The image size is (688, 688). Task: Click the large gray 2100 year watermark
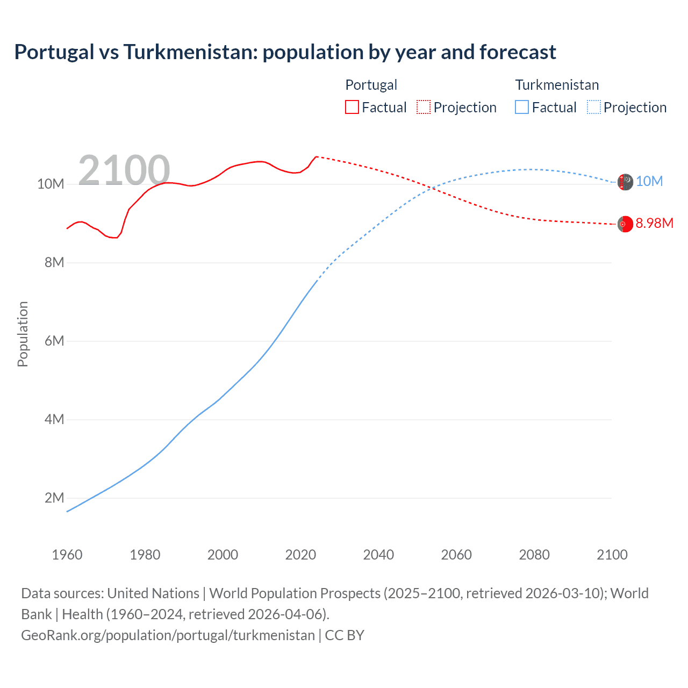click(x=124, y=170)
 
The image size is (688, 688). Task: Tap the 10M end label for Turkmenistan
click(x=649, y=182)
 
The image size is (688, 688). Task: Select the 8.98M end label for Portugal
click(x=654, y=224)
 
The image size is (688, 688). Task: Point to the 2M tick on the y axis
click(x=54, y=498)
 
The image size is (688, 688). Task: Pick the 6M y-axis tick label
click(x=54, y=341)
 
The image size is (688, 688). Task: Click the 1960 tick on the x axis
click(x=67, y=555)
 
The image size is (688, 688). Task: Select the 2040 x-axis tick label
click(x=378, y=555)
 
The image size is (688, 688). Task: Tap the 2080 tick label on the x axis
click(x=534, y=555)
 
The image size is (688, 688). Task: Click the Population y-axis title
click(x=23, y=334)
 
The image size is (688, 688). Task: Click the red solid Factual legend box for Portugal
click(x=352, y=107)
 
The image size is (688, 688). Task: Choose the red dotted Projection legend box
click(x=424, y=107)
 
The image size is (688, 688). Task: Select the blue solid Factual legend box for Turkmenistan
click(x=522, y=107)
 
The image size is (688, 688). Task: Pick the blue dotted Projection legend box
click(x=593, y=107)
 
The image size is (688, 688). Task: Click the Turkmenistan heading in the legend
click(x=557, y=85)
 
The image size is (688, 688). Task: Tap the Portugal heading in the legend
click(x=371, y=85)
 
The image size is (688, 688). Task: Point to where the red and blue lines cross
click(x=432, y=188)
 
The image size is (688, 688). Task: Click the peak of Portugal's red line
click(x=316, y=156)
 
